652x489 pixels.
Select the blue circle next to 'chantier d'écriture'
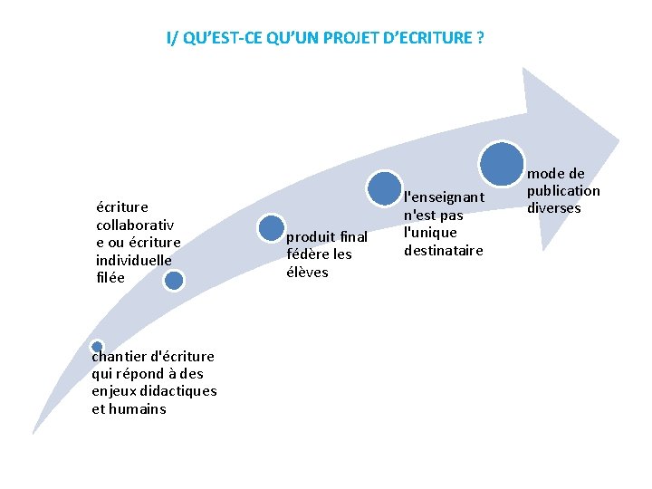tap(97, 347)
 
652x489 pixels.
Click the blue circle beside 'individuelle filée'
tap(174, 280)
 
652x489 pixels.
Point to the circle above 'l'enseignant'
tap(386, 187)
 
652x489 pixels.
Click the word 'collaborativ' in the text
tap(135, 224)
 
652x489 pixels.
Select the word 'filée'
tap(111, 278)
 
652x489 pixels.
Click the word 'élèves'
tap(307, 273)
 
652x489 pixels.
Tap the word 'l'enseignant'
tap(444, 197)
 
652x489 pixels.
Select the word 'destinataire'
tap(444, 250)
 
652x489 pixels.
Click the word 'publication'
tap(563, 191)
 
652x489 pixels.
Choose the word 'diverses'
tap(554, 208)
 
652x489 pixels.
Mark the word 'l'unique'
tap(430, 233)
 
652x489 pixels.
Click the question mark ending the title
tap(480, 38)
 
